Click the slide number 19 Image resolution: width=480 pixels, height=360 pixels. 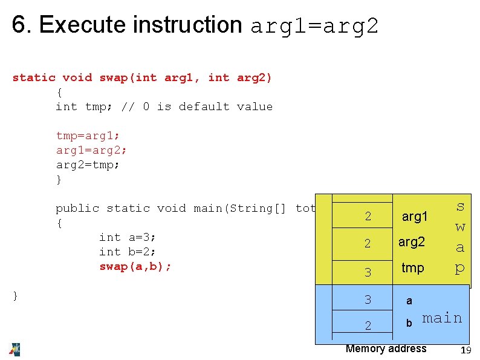[x=465, y=351]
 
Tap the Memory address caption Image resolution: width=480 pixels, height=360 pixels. [x=386, y=349]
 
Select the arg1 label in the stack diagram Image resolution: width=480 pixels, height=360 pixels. [x=415, y=217]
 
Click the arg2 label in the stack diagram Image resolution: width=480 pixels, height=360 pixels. [x=412, y=242]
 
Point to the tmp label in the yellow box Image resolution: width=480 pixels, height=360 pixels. [x=413, y=267]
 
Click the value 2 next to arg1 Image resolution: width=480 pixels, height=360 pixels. [x=368, y=217]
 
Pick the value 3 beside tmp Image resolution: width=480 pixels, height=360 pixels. [x=368, y=272]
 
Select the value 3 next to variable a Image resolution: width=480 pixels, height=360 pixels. [x=368, y=299]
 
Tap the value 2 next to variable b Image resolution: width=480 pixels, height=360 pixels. [x=368, y=326]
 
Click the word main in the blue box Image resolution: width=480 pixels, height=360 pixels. [x=442, y=318]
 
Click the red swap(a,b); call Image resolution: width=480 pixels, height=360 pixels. [x=135, y=266]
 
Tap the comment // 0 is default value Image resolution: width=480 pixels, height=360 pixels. [x=196, y=106]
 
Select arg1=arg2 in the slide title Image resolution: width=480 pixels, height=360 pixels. [x=314, y=26]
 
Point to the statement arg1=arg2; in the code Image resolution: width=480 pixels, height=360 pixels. [x=91, y=150]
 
